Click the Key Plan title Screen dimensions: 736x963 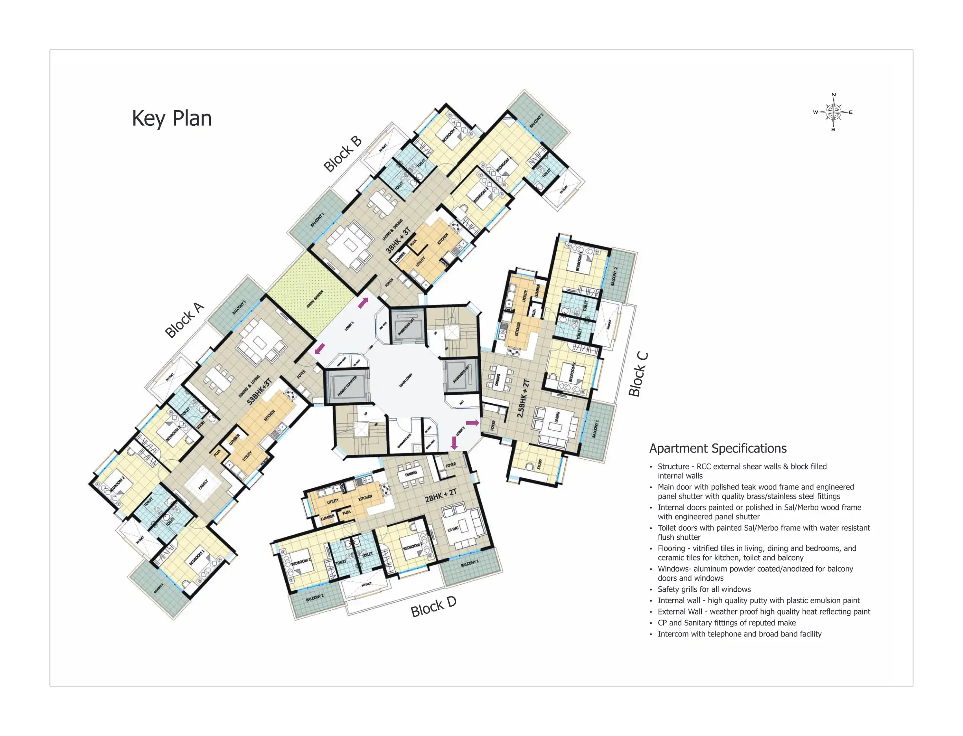172,118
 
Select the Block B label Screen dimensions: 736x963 342,154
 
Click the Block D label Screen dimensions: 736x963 433,607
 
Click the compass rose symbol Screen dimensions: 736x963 833,112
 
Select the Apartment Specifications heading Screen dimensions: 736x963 718,449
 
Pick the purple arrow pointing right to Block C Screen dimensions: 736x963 472,423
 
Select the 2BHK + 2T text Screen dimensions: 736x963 441,495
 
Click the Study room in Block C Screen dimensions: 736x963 539,464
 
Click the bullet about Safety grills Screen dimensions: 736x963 704,589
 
